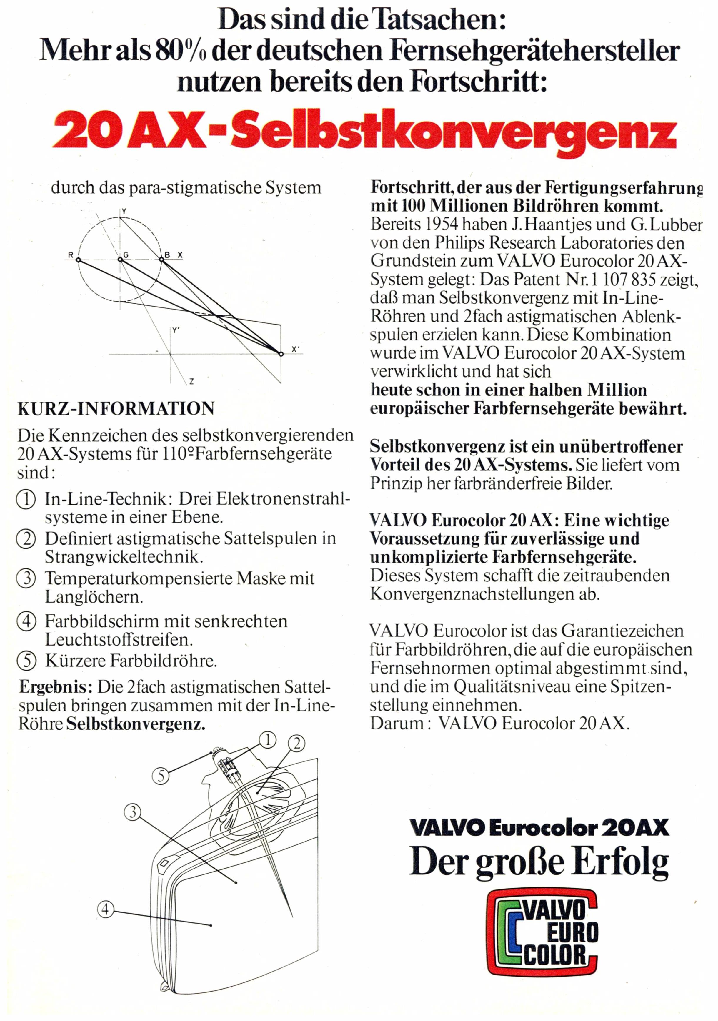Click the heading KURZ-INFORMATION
(x=116, y=408)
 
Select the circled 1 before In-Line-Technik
(x=26, y=499)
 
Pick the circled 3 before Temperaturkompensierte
(x=26, y=578)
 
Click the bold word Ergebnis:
(x=56, y=688)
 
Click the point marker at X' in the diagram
(x=281, y=354)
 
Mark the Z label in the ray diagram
(x=191, y=381)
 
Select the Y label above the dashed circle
(x=124, y=211)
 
